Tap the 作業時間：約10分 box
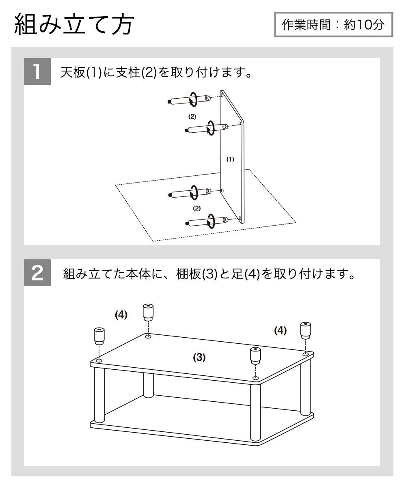pyautogui.click(x=333, y=25)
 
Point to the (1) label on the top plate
pyautogui.click(x=230, y=159)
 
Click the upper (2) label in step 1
pyautogui.click(x=192, y=116)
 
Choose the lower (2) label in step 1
pyautogui.click(x=197, y=208)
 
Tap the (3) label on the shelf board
pyautogui.click(x=199, y=358)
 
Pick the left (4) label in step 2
pyautogui.click(x=121, y=315)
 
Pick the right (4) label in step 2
pyautogui.click(x=280, y=331)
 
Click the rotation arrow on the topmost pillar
pyautogui.click(x=194, y=98)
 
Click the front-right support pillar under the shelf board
pyautogui.click(x=255, y=412)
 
